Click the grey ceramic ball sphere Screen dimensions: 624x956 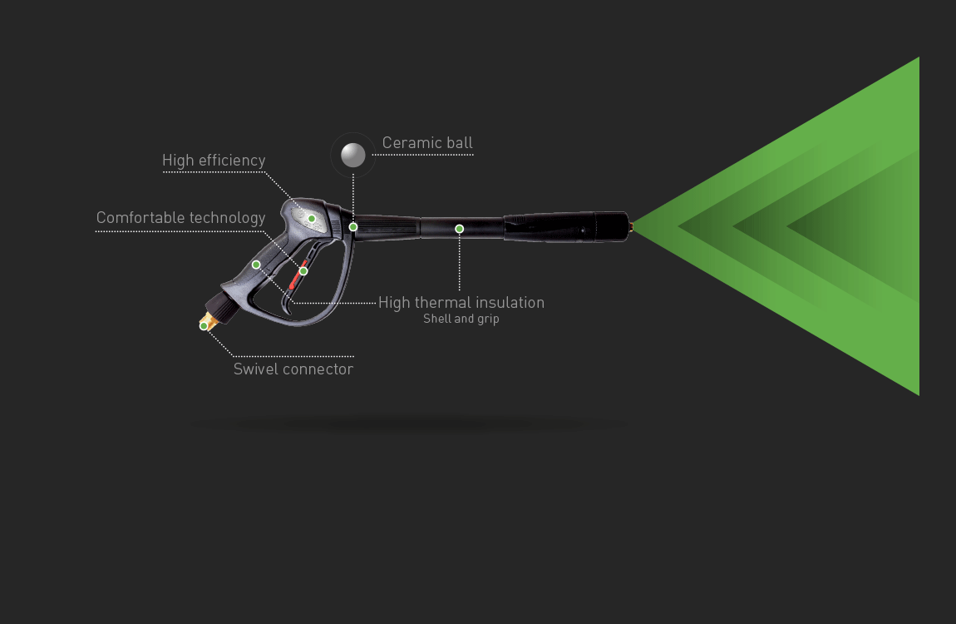pyautogui.click(x=353, y=155)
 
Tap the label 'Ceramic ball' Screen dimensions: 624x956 pyautogui.click(x=427, y=143)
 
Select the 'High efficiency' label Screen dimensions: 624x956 pyautogui.click(x=214, y=161)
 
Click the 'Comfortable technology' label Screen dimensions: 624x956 pyautogui.click(x=180, y=218)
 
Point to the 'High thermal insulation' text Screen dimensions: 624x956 pyautogui.click(x=461, y=303)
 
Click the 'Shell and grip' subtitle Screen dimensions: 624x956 pyautogui.click(x=461, y=319)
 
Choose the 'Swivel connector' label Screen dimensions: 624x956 pyautogui.click(x=293, y=369)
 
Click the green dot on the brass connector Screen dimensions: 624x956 pyautogui.click(x=204, y=326)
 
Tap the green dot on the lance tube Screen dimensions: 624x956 pyautogui.click(x=459, y=229)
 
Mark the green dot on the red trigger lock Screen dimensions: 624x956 pyautogui.click(x=303, y=271)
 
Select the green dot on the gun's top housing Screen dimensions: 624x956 pyautogui.click(x=312, y=219)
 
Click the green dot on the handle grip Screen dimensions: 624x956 pyautogui.click(x=256, y=265)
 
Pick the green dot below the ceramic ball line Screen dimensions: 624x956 pyautogui.click(x=353, y=227)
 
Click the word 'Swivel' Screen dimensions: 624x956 pyautogui.click(x=258, y=369)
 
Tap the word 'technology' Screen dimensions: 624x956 pyautogui.click(x=227, y=218)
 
